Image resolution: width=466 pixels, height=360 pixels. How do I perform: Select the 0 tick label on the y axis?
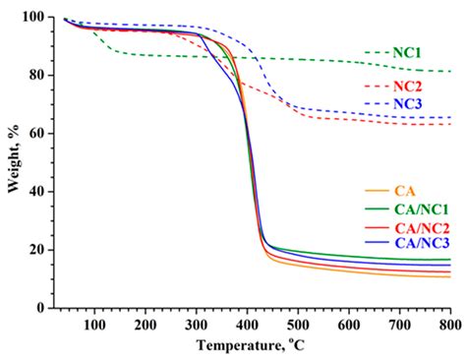pyautogui.click(x=38, y=308)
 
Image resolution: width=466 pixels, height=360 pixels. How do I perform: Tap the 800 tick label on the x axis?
pyautogui.click(x=449, y=325)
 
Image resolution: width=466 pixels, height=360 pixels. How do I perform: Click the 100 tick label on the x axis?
pyautogui.click(x=94, y=325)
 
